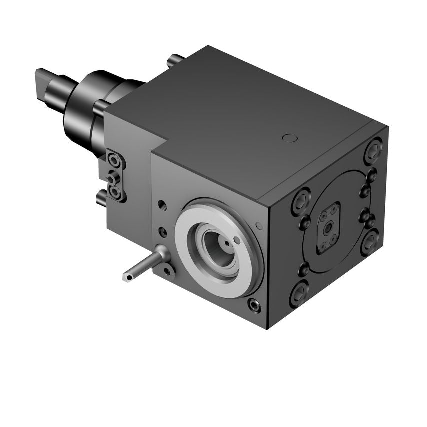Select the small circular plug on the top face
pos(288,138)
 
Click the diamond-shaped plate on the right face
pos(328,228)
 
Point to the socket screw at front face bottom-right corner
pos(254,305)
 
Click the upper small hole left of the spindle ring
pos(161,205)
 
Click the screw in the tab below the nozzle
pos(166,272)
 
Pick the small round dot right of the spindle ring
pos(259,226)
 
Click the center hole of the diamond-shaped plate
pos(329,228)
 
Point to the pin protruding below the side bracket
pos(101,199)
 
